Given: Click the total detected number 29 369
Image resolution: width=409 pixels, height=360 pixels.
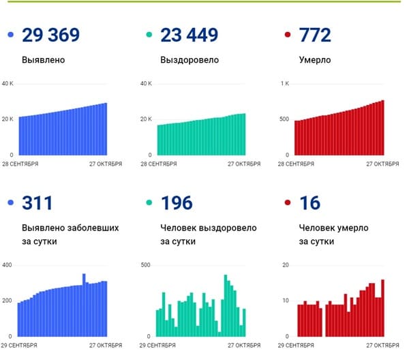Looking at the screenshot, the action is [x=50, y=35].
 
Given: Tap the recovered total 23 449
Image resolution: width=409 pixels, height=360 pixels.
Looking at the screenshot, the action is [x=189, y=35].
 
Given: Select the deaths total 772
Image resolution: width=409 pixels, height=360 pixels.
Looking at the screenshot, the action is [x=315, y=35].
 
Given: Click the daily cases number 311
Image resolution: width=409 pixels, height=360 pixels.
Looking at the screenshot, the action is [x=37, y=202].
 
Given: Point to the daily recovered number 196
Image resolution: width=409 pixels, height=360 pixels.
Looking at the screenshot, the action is [x=177, y=202].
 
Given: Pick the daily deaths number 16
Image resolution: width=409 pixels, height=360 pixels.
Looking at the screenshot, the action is [x=309, y=202].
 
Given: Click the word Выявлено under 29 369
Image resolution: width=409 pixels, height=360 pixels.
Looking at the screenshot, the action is [x=44, y=60].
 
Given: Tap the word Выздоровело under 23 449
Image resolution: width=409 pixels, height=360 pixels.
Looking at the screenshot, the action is [x=190, y=60].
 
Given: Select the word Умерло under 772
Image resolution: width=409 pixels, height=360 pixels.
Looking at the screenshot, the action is [x=315, y=60].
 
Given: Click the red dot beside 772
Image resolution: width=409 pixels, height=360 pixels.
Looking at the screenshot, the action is [x=288, y=35].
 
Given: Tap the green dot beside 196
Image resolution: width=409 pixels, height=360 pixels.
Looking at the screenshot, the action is [x=149, y=202].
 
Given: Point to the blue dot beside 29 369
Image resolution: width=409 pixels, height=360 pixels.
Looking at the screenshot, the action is [x=11, y=35].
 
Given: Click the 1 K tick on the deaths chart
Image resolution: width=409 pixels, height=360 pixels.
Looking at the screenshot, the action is [x=285, y=83].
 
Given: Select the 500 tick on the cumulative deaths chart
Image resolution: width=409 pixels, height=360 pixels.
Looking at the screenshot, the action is [x=284, y=119].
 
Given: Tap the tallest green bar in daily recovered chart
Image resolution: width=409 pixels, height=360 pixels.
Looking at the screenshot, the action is [x=226, y=305].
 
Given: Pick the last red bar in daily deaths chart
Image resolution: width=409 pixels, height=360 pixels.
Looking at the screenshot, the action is [x=382, y=307].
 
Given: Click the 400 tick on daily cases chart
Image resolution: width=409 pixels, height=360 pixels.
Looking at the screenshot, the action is [x=7, y=265].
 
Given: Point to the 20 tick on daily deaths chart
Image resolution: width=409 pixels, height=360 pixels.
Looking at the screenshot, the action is [x=286, y=265].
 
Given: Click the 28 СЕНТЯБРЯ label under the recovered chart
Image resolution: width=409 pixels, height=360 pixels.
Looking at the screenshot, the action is [x=159, y=164].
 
